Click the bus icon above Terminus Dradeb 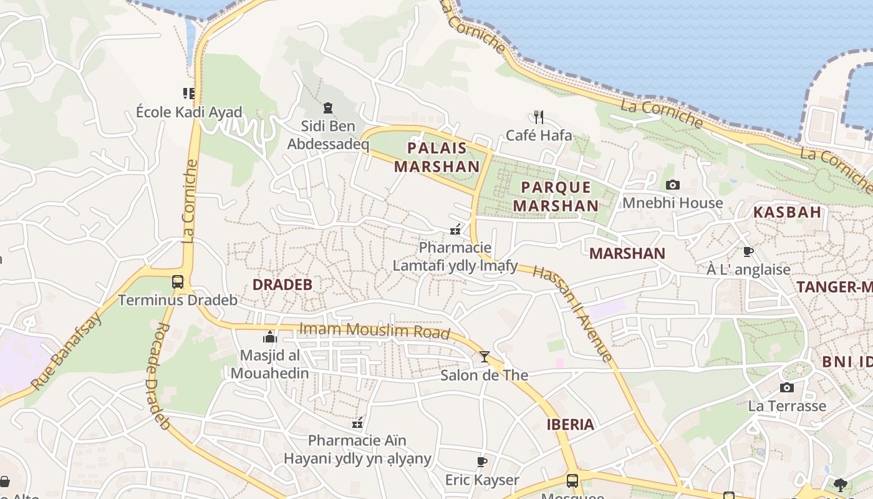click(x=178, y=281)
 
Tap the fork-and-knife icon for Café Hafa click(x=539, y=117)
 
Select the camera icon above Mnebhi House click(x=672, y=185)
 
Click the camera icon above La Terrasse click(x=787, y=387)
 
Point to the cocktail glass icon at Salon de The click(x=485, y=357)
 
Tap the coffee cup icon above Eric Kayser click(x=481, y=462)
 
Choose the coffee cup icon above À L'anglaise click(x=748, y=251)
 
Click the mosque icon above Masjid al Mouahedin click(x=269, y=337)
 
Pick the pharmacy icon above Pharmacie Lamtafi click(x=455, y=230)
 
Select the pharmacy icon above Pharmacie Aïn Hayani click(x=357, y=423)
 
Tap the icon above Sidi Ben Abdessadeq click(x=328, y=108)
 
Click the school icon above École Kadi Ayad click(x=189, y=94)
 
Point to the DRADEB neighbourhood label click(x=282, y=284)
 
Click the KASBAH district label click(x=787, y=212)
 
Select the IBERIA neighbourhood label click(x=570, y=425)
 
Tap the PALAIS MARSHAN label click(x=436, y=157)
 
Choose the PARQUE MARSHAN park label click(x=556, y=196)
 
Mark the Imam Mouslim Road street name click(x=374, y=331)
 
